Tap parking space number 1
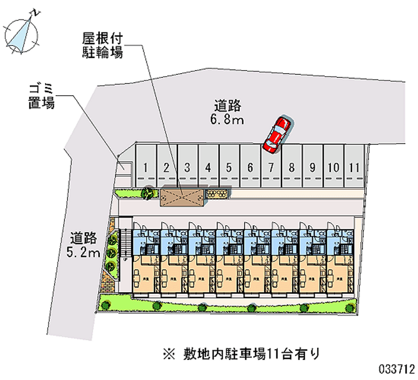[147, 166]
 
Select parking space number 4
[208, 166]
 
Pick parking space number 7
[271, 166]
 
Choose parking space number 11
[354, 166]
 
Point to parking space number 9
[312, 166]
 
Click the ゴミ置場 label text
[41, 96]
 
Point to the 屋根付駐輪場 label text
[102, 45]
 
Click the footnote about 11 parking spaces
[240, 354]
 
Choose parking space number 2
[167, 166]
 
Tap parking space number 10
[333, 166]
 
